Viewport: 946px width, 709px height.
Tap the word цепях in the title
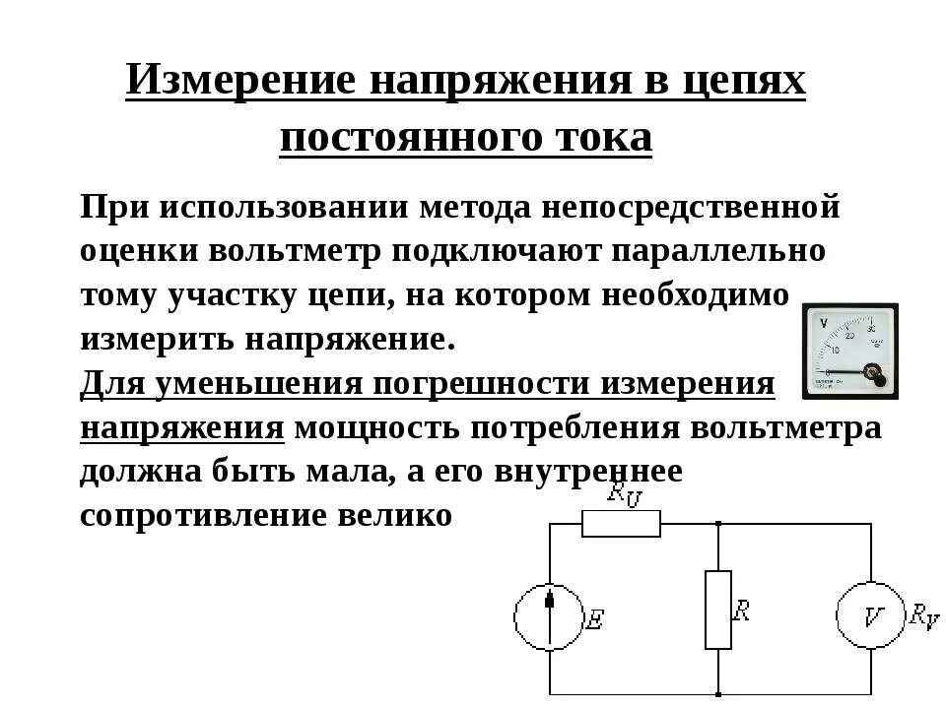pyautogui.click(x=743, y=82)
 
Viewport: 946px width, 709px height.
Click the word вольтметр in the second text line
pyautogui.click(x=295, y=250)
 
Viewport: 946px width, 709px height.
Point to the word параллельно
pyautogui.click(x=720, y=250)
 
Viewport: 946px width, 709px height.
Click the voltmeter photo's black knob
pyautogui.click(x=872, y=373)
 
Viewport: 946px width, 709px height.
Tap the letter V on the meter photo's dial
pyautogui.click(x=823, y=322)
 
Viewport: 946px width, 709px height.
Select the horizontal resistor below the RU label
pyautogui.click(x=621, y=524)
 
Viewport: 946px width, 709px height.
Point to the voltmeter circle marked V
pyautogui.click(x=871, y=616)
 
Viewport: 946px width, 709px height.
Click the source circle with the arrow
pyautogui.click(x=548, y=616)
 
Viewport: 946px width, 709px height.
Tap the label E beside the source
pyautogui.click(x=595, y=619)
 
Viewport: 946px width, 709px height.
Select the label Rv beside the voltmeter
pyautogui.click(x=923, y=617)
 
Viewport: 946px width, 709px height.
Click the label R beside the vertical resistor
pyautogui.click(x=741, y=610)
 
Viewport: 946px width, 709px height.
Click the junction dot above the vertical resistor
pyautogui.click(x=718, y=524)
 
